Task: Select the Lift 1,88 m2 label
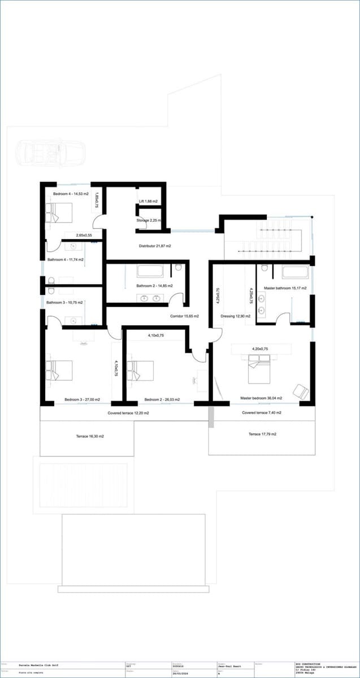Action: pyautogui.click(x=148, y=201)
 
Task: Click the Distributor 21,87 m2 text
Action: pyautogui.click(x=155, y=246)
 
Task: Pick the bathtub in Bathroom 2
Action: pyautogui.click(x=150, y=272)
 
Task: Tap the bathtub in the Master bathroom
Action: pyautogui.click(x=295, y=272)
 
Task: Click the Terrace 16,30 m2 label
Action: pyautogui.click(x=90, y=436)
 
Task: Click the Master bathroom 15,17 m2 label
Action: pyautogui.click(x=285, y=288)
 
